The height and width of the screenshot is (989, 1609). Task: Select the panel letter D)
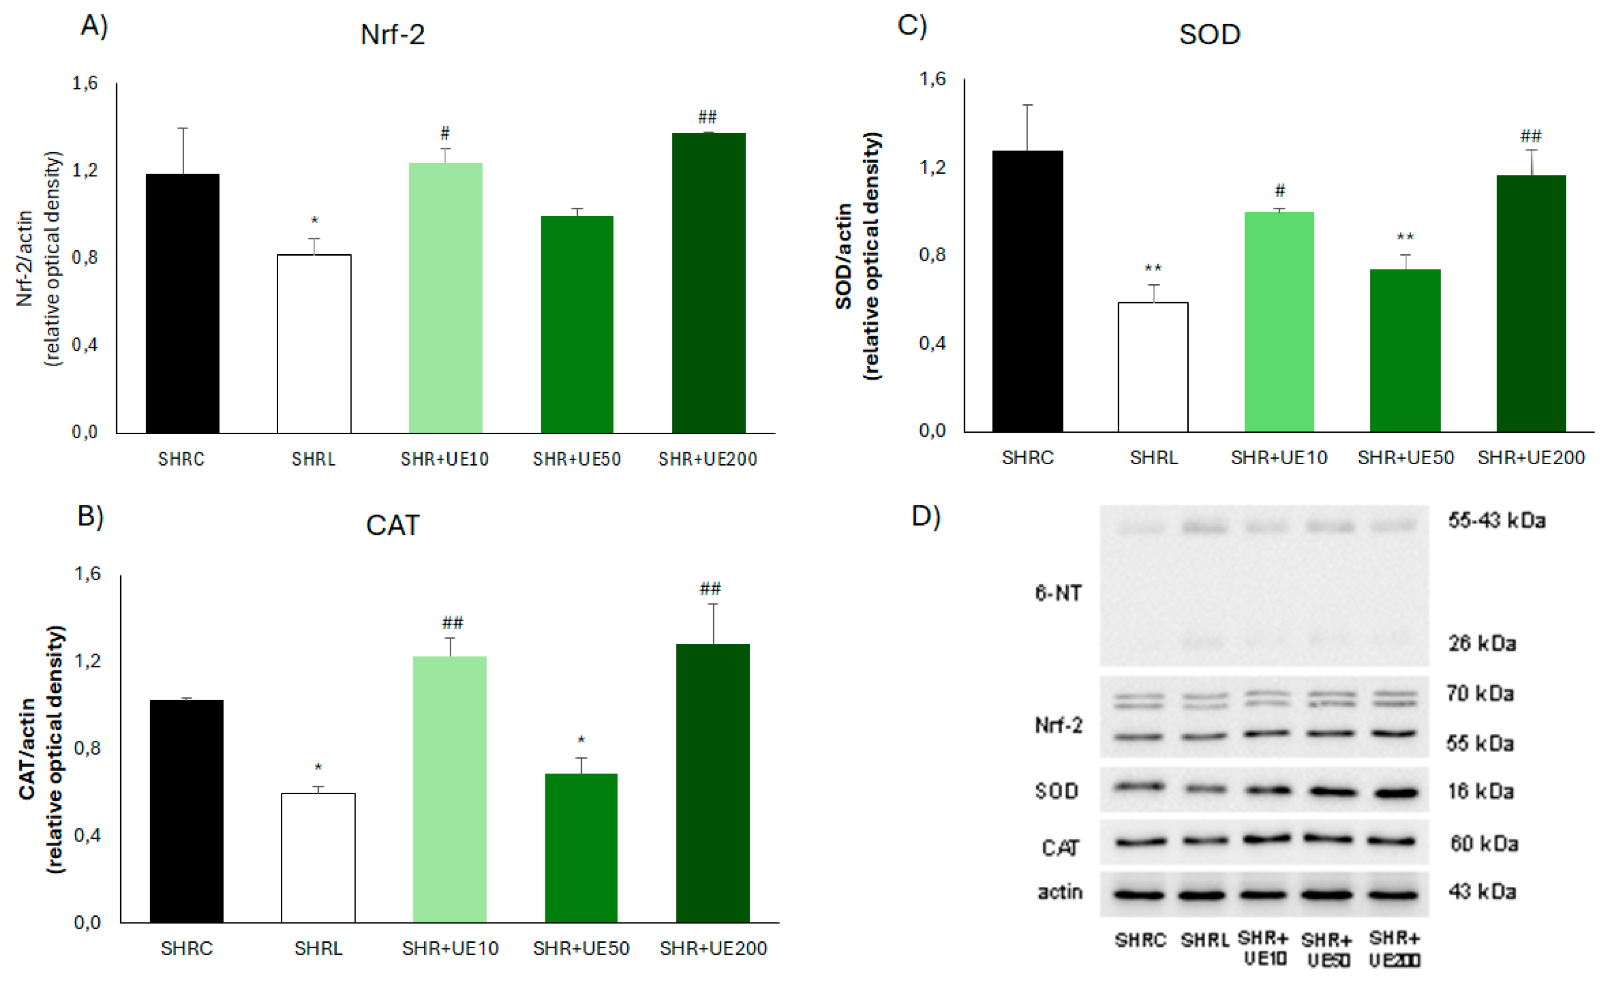[x=925, y=516]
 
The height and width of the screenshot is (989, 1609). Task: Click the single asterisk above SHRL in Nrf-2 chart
[x=314, y=221]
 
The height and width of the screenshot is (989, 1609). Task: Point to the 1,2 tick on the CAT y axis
[x=87, y=661]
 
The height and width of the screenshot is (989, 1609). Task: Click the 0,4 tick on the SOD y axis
[x=932, y=343]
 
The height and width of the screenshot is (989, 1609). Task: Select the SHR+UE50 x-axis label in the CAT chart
[x=580, y=948]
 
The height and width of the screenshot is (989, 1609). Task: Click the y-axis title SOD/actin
[x=843, y=256]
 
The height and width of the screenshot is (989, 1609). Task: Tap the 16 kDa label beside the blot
[x=1480, y=792]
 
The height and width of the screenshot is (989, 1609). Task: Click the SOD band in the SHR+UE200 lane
[x=1393, y=793]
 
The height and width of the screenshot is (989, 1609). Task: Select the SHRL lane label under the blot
[x=1204, y=940]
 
